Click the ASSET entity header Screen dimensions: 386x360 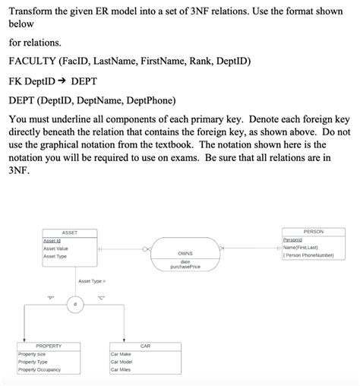pos(69,232)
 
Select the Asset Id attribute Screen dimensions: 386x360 pos(52,240)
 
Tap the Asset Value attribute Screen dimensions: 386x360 pos(55,248)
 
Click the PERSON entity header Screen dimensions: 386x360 pos(313,231)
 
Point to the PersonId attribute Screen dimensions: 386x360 pos(292,239)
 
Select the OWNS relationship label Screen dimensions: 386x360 pos(185,253)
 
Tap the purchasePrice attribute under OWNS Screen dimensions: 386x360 pos(185,267)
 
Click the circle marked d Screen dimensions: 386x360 pos(74,303)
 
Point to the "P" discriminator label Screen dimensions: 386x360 pos(51,296)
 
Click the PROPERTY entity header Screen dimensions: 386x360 pos(49,346)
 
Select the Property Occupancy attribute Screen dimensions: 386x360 pos(39,370)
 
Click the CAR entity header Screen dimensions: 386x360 pos(146,346)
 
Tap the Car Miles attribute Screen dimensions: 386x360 pos(122,370)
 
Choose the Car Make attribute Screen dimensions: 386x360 pos(122,354)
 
